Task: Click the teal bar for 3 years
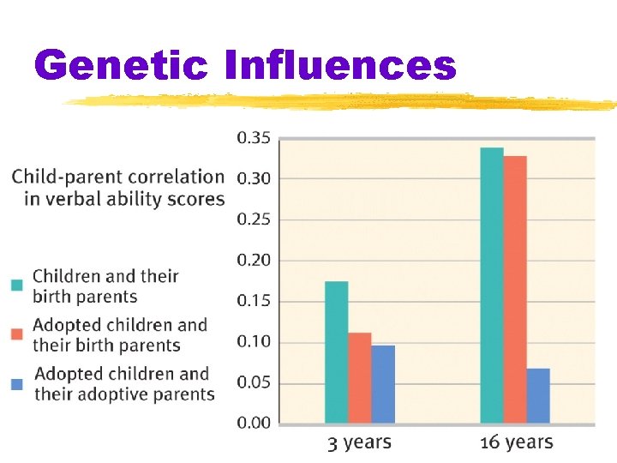pyautogui.click(x=337, y=352)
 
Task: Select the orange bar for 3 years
pyautogui.click(x=360, y=377)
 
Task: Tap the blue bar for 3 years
pyautogui.click(x=383, y=383)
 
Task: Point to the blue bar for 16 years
pyautogui.click(x=538, y=395)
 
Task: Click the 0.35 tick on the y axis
pyautogui.click(x=253, y=137)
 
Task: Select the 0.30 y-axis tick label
pyautogui.click(x=253, y=178)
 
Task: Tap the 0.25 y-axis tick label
pyautogui.click(x=253, y=219)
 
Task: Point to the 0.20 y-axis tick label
pyautogui.click(x=253, y=260)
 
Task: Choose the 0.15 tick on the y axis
pyautogui.click(x=253, y=301)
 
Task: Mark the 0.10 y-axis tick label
pyautogui.click(x=253, y=341)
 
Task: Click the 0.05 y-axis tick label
pyautogui.click(x=253, y=382)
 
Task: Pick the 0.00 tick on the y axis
pyautogui.click(x=253, y=423)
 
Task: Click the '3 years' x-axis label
pyautogui.click(x=359, y=443)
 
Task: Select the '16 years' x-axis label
pyautogui.click(x=517, y=443)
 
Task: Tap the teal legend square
pyautogui.click(x=17, y=285)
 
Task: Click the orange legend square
pyautogui.click(x=17, y=334)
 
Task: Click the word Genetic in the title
pyautogui.click(x=122, y=65)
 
